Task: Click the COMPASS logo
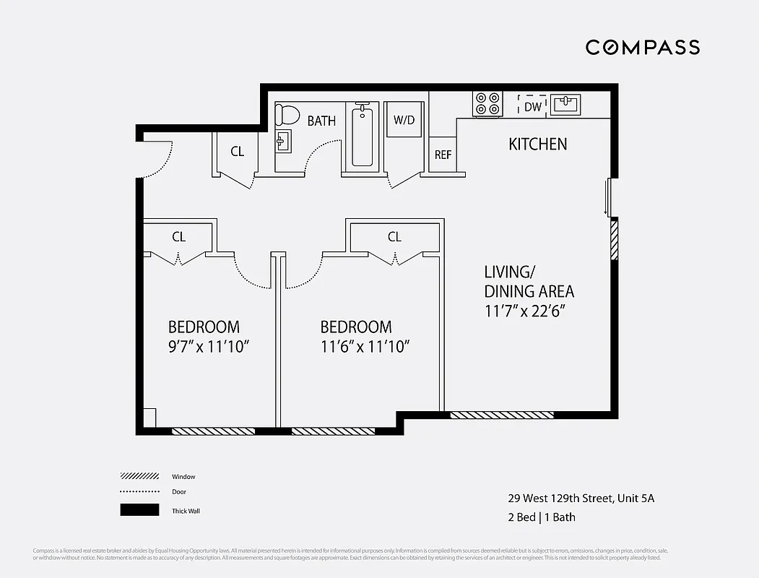point(642,48)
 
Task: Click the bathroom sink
point(282,141)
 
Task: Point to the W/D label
point(404,120)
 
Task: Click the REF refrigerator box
point(443,155)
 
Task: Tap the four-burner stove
point(487,104)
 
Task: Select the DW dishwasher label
point(533,107)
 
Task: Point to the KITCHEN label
point(538,144)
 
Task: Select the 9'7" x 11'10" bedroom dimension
point(208,346)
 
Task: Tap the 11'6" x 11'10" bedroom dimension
point(365,346)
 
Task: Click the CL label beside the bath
point(237,152)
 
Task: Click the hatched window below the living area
point(502,415)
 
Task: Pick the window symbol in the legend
point(139,476)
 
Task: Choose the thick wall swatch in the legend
point(139,510)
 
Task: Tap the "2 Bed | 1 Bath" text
point(541,517)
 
